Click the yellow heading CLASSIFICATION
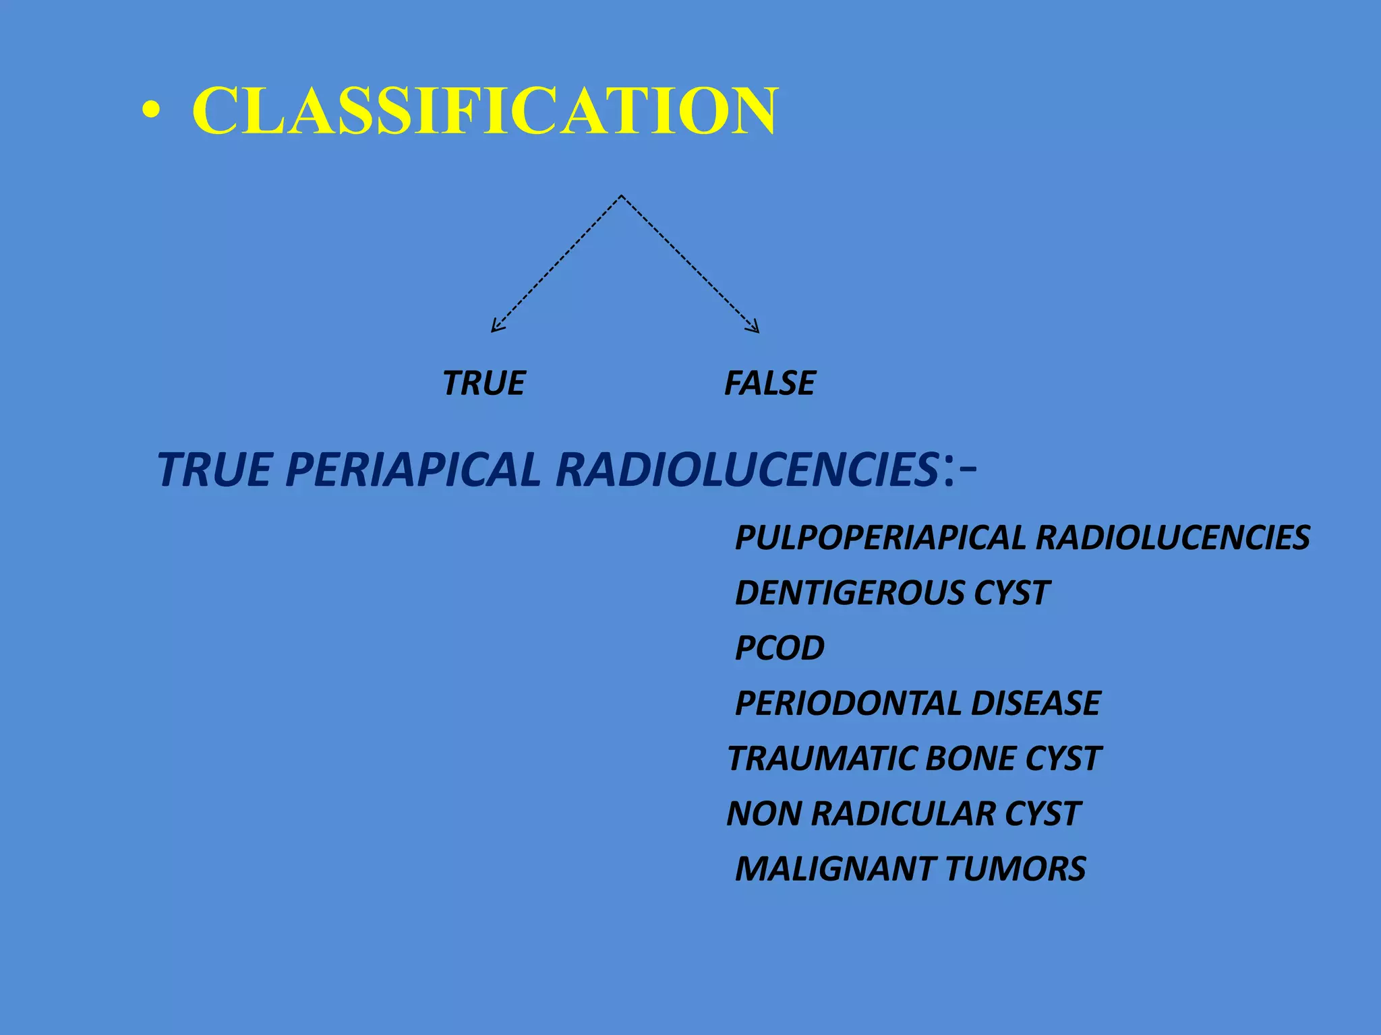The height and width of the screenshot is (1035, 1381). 485,111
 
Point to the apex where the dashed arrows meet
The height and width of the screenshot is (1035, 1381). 621,196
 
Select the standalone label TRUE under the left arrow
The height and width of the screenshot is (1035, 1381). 483,383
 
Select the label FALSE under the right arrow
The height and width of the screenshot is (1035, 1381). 769,383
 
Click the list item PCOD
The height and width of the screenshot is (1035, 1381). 780,648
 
